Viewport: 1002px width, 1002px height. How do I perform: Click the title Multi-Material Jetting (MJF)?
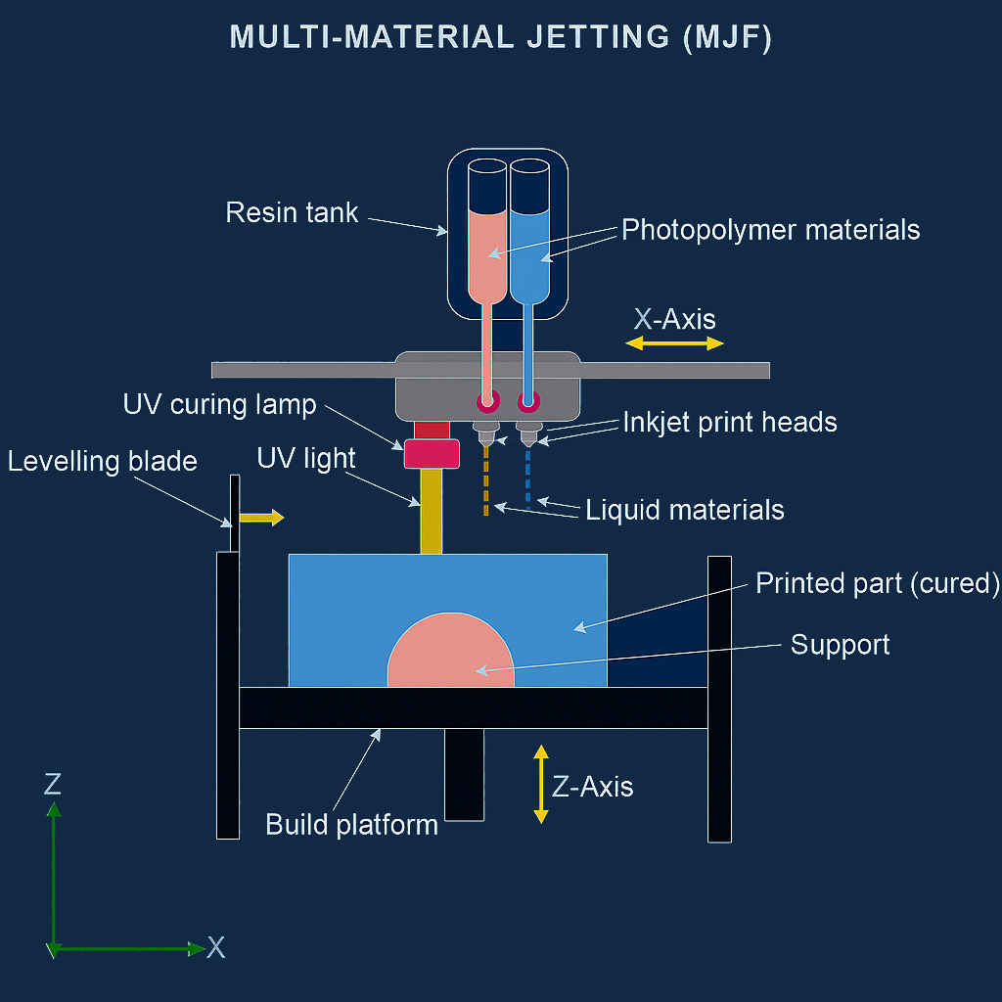[x=500, y=37]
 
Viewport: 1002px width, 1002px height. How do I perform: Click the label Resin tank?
[x=292, y=212]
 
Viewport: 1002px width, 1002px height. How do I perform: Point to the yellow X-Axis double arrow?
[x=674, y=342]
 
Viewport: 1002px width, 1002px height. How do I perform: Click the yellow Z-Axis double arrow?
[x=539, y=784]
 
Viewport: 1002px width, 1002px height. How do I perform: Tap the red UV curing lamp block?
[x=432, y=453]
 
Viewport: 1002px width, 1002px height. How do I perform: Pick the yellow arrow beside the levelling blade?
[x=260, y=518]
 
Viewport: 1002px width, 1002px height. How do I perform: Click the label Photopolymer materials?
[x=771, y=230]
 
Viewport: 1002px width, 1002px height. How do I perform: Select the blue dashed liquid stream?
[x=528, y=479]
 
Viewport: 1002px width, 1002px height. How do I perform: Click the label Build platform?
[x=351, y=824]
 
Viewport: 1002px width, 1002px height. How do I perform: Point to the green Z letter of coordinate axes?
[x=53, y=783]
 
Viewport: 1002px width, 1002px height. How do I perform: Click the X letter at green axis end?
[x=216, y=947]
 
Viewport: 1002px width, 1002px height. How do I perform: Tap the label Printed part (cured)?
[x=878, y=583]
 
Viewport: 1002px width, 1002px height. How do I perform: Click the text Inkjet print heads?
[x=730, y=422]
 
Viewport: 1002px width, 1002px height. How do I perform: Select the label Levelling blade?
[x=102, y=462]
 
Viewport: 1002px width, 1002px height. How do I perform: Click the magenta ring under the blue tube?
[x=528, y=400]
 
